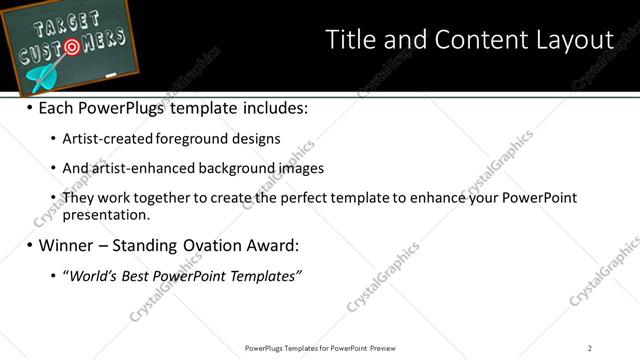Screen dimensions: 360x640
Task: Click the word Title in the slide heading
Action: tap(351, 40)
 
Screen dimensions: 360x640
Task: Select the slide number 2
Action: tap(590, 348)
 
